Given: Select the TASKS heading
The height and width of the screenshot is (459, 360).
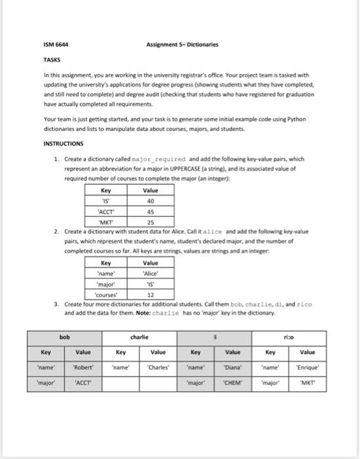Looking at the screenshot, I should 52,59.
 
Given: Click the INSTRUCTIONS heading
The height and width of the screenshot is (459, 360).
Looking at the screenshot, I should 64,142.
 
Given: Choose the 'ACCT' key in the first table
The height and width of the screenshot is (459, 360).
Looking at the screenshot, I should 106,212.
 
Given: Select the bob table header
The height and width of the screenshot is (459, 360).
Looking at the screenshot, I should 64,338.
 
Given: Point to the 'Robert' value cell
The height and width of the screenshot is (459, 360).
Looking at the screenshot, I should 83,368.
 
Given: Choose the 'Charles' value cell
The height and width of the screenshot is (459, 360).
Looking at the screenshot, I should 159,368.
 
